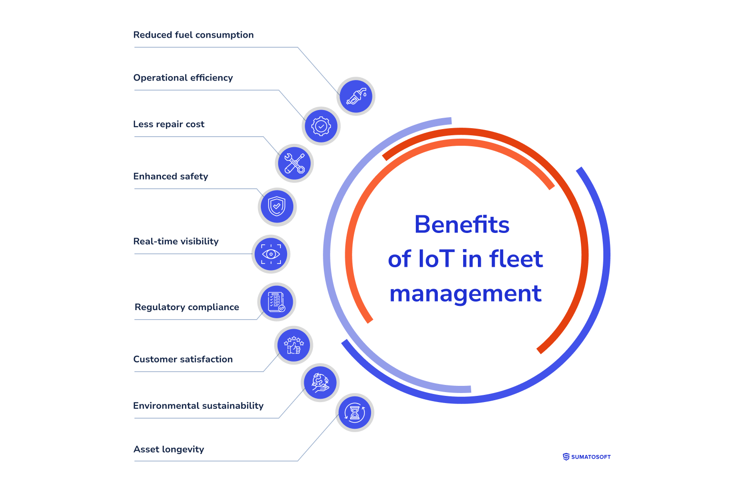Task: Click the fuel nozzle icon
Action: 356,96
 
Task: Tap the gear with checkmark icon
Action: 321,126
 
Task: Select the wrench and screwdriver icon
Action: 294,163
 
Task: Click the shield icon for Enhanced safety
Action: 277,207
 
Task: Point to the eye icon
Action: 271,254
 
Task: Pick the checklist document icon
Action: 277,302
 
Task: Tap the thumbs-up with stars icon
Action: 294,345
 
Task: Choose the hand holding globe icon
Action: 320,383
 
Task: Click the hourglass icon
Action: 355,413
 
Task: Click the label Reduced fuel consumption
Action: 193,35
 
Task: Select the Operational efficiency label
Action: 183,78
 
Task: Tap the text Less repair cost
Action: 169,124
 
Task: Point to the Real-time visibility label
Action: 176,241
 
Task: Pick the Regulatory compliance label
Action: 186,307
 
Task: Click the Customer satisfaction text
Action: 183,359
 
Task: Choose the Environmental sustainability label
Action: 198,406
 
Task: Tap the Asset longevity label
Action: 169,449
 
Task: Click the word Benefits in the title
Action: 462,224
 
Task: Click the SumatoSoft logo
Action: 587,457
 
